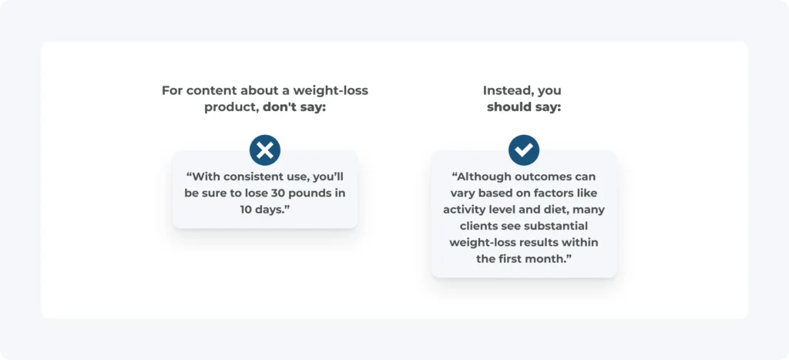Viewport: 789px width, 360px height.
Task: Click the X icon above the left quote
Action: click(265, 150)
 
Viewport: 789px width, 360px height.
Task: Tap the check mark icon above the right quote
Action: click(524, 150)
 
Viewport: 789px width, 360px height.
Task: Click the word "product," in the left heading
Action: click(231, 108)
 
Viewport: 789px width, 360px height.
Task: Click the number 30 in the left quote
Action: click(280, 193)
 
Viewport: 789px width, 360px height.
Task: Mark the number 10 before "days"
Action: click(246, 210)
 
